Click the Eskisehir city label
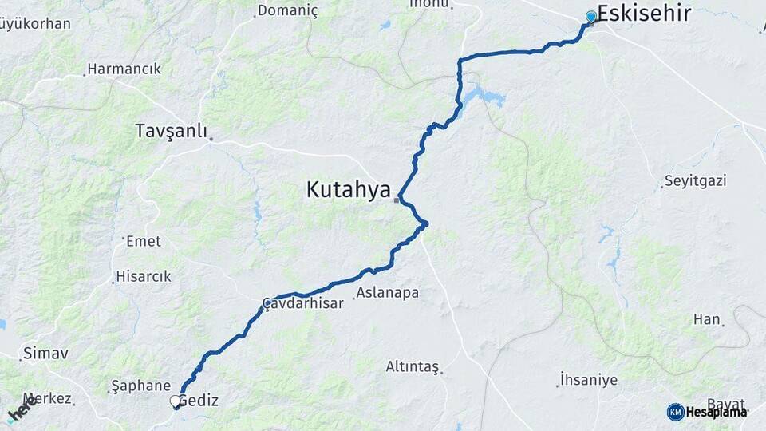coord(644,14)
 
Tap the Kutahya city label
coord(348,190)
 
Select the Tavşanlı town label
coord(171,130)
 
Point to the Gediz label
coord(198,401)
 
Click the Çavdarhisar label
coord(303,303)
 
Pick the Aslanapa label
coord(387,293)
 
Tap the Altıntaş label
coord(412,366)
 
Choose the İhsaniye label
coord(588,379)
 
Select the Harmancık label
coord(124,69)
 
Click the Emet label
coord(144,241)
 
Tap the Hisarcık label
coord(144,276)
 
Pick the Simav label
coord(45,352)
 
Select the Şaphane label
coord(141,386)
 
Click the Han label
coord(706,319)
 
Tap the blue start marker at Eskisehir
coord(591,17)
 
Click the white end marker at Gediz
coord(176,401)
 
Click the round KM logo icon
coord(675,412)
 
